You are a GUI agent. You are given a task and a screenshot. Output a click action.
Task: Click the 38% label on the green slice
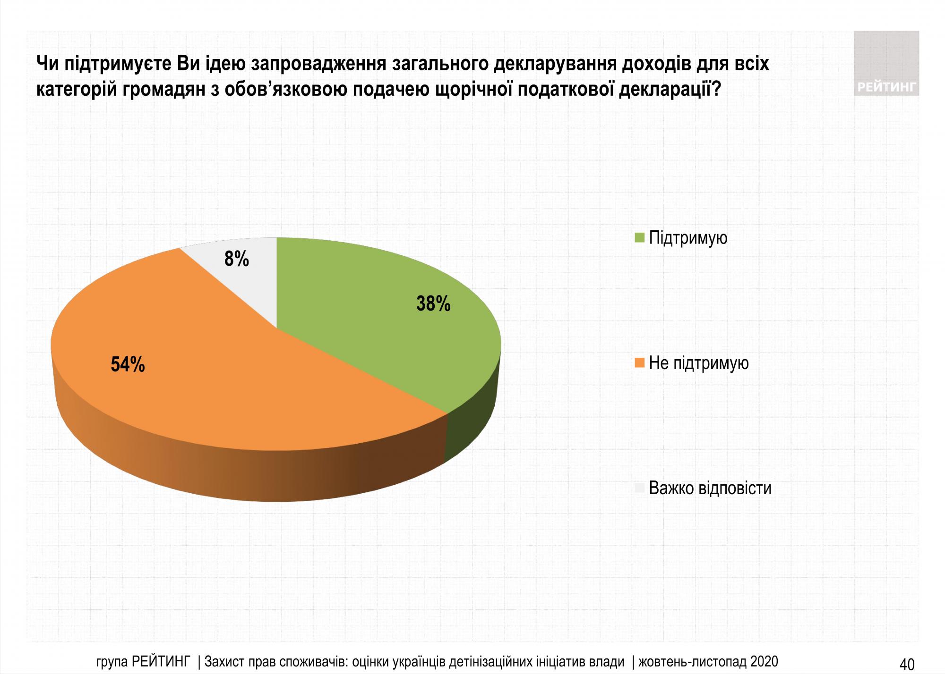pos(433,304)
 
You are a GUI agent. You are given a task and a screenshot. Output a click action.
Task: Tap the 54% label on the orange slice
pos(128,364)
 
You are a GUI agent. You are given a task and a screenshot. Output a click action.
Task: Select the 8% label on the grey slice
pos(236,259)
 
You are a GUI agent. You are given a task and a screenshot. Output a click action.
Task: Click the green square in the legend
pos(640,237)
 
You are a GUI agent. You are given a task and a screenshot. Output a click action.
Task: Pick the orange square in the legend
pos(640,363)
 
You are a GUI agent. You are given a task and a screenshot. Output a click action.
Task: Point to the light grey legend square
pos(640,488)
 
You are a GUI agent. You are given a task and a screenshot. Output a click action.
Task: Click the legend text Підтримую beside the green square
pos(688,237)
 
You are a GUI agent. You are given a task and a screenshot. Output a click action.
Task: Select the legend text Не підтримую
pos(698,363)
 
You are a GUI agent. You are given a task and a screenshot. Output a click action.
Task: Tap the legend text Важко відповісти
pos(710,488)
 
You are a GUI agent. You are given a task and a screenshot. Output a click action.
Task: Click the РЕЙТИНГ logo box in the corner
pos(886,64)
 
